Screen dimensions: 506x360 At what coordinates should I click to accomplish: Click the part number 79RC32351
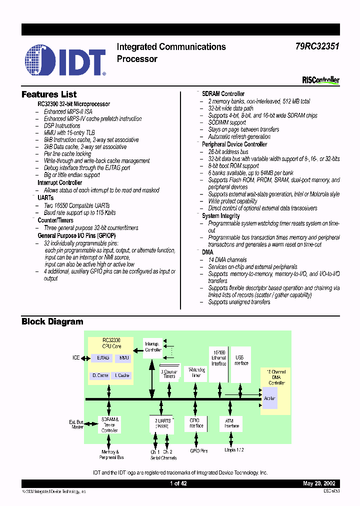tap(316, 47)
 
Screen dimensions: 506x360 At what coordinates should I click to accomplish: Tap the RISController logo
tap(320, 80)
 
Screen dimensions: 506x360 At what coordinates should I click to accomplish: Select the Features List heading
tap(49, 94)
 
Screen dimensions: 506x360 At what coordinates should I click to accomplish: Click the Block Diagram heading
tap(52, 321)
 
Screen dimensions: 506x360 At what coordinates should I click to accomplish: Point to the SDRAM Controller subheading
tap(223, 94)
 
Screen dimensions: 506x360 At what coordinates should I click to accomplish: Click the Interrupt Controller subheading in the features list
tap(59, 183)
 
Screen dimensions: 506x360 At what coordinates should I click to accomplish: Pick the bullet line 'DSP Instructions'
tap(62, 126)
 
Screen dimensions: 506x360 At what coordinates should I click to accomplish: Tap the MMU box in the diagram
tap(122, 358)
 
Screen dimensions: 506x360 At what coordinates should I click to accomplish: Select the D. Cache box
tap(100, 375)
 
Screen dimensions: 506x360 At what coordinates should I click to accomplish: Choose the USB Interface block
tap(241, 360)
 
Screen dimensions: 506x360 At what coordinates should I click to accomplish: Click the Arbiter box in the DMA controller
tap(269, 398)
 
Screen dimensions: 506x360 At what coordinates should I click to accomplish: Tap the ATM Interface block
tap(230, 423)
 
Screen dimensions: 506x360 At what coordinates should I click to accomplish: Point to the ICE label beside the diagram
tap(75, 358)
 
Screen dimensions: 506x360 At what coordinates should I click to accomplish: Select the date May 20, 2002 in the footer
tap(319, 483)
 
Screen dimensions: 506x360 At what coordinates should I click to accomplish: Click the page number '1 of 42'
tap(178, 483)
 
